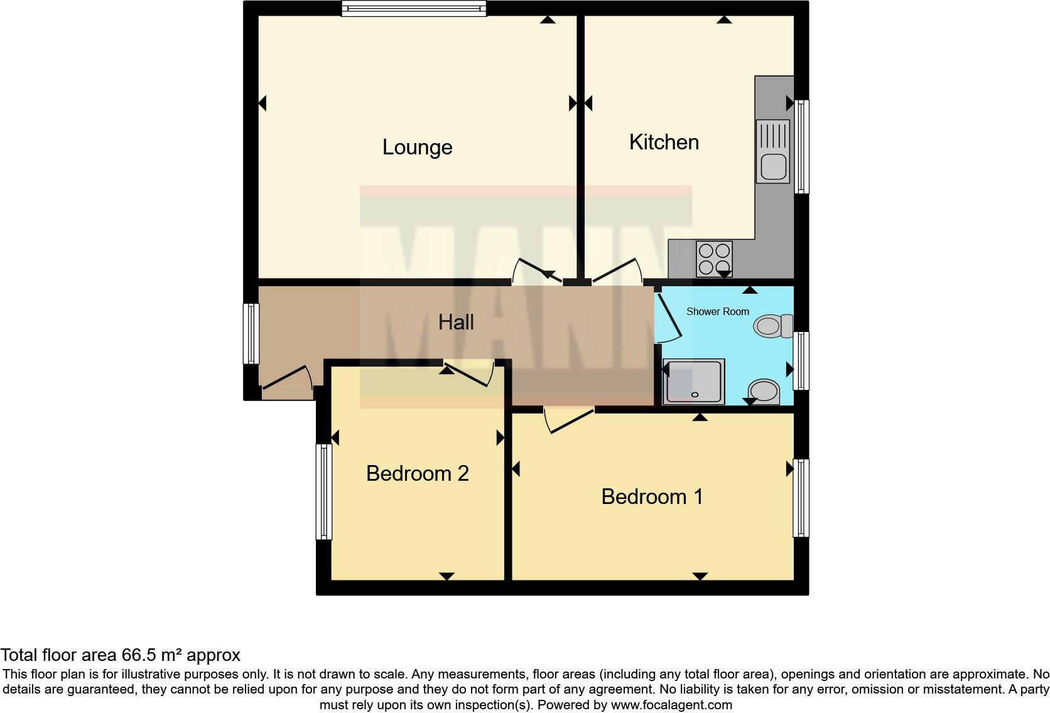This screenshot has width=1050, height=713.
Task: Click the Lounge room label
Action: (417, 147)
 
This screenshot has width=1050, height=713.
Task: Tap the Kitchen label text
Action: (664, 142)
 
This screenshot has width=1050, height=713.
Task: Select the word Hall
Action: (456, 323)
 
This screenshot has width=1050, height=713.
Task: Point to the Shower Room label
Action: (717, 311)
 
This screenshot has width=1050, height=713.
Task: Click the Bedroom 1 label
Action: (652, 497)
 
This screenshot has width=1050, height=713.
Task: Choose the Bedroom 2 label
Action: (418, 473)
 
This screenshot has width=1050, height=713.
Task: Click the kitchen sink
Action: (772, 152)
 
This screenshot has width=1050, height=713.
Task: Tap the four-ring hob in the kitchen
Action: (714, 259)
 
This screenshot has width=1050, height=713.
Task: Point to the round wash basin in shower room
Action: (764, 392)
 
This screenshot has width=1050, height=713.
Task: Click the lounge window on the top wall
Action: (414, 8)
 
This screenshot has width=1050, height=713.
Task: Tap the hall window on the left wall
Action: (251, 334)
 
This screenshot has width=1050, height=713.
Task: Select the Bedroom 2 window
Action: (323, 491)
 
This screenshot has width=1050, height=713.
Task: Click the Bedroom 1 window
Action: (801, 498)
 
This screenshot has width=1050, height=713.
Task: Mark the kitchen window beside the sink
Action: (801, 146)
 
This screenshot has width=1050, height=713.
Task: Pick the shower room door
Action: (668, 317)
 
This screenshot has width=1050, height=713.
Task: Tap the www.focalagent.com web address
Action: (671, 705)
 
